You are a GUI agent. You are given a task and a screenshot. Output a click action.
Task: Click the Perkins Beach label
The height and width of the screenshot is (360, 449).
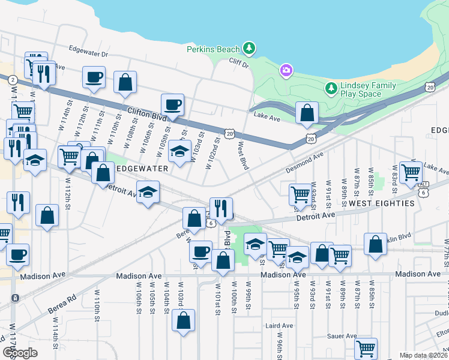tap(212, 49)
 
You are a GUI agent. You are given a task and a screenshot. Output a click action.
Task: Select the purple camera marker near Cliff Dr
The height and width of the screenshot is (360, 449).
tap(286, 71)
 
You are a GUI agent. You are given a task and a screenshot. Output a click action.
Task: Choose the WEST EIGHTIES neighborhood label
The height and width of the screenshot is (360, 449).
tap(382, 203)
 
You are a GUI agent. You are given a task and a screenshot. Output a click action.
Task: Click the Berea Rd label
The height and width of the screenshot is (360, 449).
tap(63, 299)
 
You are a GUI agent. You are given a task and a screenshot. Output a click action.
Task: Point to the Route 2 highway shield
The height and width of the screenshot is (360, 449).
tap(12, 79)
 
